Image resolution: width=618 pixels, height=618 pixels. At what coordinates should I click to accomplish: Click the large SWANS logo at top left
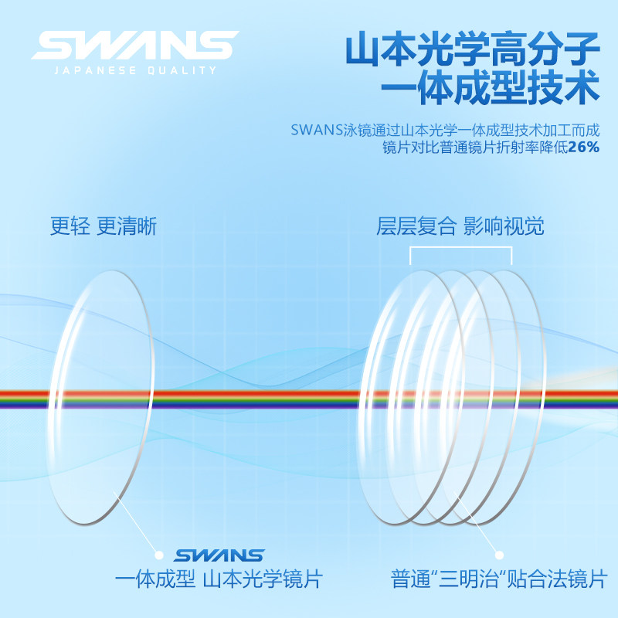pos(134,46)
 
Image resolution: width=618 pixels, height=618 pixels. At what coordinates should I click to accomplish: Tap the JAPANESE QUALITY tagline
pos(134,71)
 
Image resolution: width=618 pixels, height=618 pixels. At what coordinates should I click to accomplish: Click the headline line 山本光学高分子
pos(472,52)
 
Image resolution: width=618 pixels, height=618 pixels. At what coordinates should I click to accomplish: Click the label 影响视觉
pos(504,226)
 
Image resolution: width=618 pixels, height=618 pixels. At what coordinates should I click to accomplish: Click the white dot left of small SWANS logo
pos(159,555)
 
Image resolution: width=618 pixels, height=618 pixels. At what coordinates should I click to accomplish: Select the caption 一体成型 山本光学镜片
pos(219,579)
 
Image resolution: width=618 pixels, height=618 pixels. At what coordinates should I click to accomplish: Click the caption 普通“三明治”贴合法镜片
pos(499,579)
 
